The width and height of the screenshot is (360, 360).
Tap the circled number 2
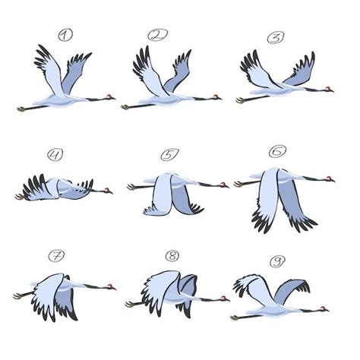[x=159, y=34]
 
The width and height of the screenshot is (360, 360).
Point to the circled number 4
[x=55, y=156]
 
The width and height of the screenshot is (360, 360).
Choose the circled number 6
[x=278, y=153]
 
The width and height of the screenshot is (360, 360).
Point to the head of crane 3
[x=329, y=90]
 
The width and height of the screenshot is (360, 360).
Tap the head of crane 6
[x=331, y=181]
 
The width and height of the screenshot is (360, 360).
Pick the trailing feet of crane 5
[x=131, y=186]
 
